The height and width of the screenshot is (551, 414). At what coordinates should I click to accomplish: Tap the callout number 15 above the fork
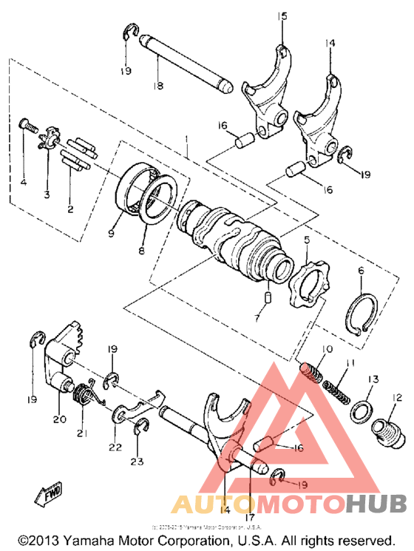pos(281,16)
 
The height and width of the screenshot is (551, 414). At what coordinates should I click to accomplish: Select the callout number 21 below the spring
pos(81,433)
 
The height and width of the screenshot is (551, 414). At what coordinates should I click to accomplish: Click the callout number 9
pos(111,232)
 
